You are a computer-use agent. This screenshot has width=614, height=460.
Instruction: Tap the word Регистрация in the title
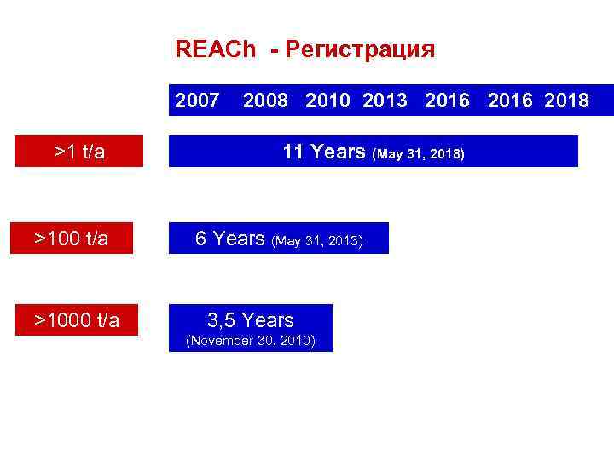tap(361, 50)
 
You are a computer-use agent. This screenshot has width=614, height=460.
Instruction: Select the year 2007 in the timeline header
tap(197, 101)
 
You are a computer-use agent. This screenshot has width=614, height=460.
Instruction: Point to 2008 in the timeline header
tap(264, 101)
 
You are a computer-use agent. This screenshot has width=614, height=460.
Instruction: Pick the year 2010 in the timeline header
tap(327, 101)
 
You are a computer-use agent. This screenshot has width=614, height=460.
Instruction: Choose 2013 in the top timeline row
tap(385, 101)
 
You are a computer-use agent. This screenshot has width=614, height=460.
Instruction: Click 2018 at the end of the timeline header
tap(566, 101)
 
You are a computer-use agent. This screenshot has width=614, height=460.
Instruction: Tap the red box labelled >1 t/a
tap(79, 152)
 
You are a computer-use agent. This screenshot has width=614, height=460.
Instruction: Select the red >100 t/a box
tap(72, 239)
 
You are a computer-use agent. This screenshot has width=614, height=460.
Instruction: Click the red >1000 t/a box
tap(77, 320)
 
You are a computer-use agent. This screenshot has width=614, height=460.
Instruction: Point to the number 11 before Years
tap(293, 152)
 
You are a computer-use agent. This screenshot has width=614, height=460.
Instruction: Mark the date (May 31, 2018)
tap(419, 154)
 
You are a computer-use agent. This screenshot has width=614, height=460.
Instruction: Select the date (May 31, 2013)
tap(317, 241)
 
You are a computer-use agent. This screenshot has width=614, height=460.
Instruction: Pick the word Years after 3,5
tap(268, 320)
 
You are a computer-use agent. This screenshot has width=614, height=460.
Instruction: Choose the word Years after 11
tap(338, 152)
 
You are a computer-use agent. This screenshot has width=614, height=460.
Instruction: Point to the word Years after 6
tap(239, 239)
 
